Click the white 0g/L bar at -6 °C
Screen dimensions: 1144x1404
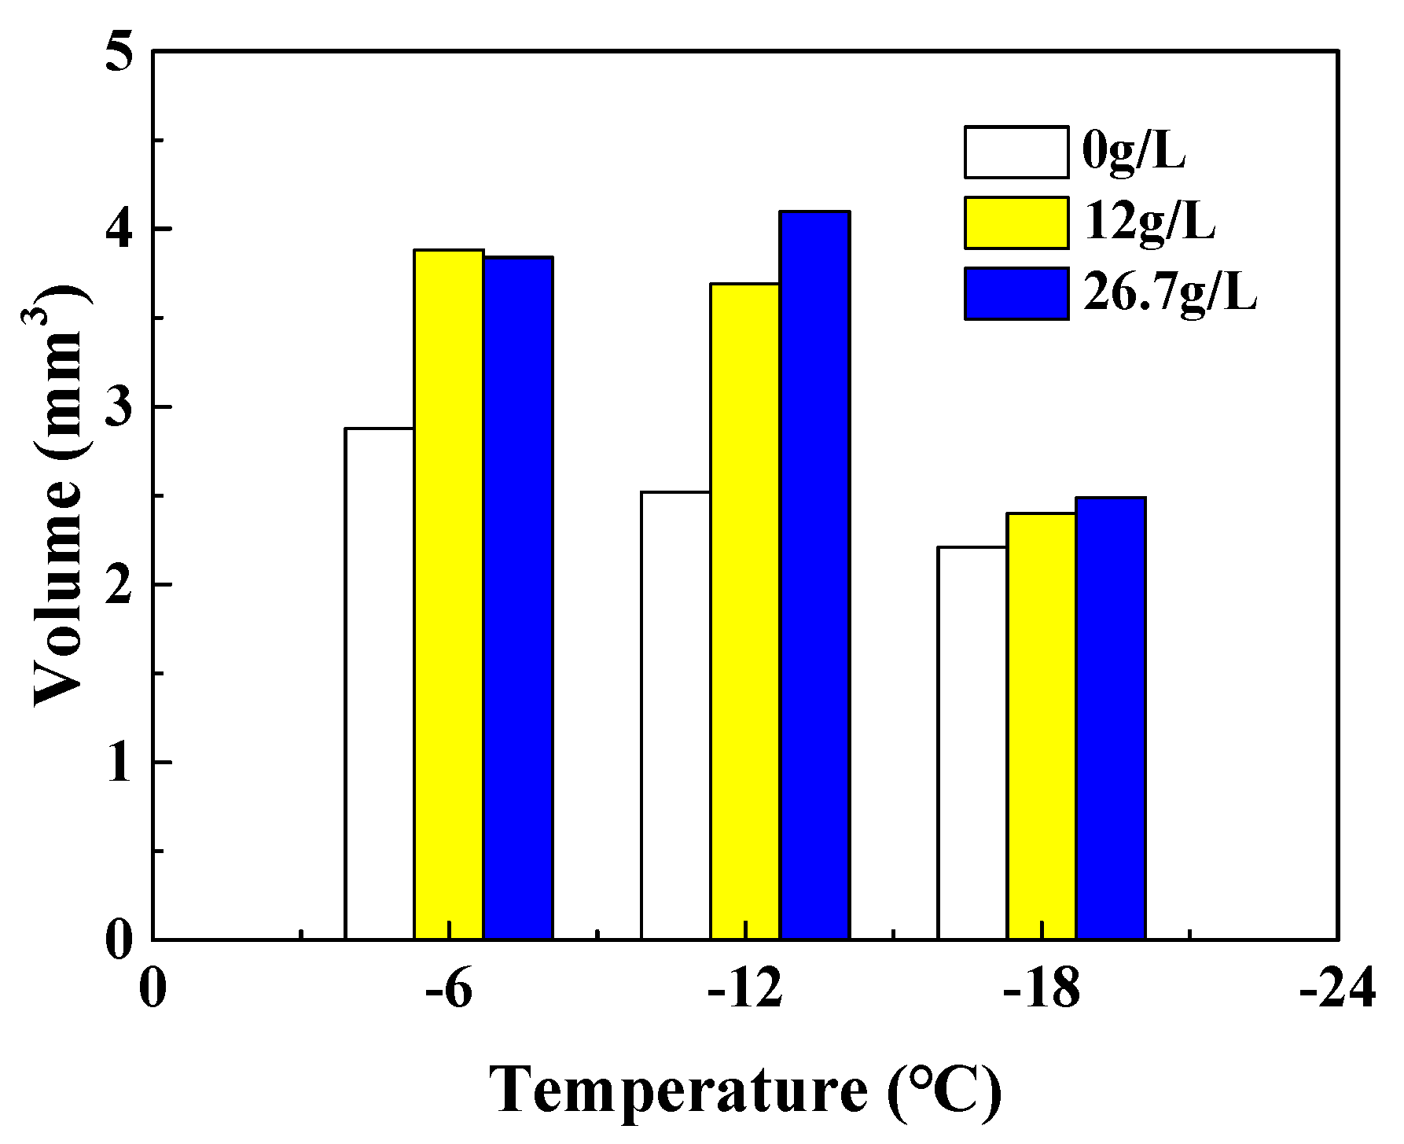380,684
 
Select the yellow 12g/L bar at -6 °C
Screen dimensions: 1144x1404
449,594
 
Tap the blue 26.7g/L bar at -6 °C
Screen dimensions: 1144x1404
518,598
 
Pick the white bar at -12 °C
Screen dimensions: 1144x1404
675,715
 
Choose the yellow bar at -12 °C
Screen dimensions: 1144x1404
745,612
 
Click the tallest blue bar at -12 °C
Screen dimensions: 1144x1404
814,576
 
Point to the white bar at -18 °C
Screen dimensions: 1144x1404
972,743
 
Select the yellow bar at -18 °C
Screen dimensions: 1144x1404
1041,726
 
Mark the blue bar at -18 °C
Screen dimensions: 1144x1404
1110,719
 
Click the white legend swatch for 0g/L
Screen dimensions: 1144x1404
1016,152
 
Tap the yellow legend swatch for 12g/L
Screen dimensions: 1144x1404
1016,223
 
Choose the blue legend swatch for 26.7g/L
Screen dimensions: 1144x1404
1016,293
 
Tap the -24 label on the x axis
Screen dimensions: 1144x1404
1336,989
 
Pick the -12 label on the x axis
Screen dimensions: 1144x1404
745,989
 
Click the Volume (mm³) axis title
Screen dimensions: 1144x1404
59,495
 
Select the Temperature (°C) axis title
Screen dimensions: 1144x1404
745,1091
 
